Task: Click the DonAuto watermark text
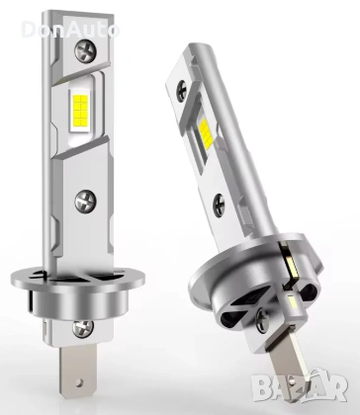pyautogui.click(x=70, y=30)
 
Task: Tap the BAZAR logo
pyautogui.click(x=300, y=388)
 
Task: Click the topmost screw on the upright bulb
pyautogui.click(x=85, y=50)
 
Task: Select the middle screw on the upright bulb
pyautogui.click(x=85, y=201)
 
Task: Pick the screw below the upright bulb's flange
pyautogui.click(x=83, y=328)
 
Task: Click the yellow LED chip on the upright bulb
pyautogui.click(x=80, y=107)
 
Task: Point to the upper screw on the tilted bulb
pyautogui.click(x=182, y=90)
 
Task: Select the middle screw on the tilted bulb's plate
pyautogui.click(x=219, y=206)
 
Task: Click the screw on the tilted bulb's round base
pyautogui.click(x=262, y=319)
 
